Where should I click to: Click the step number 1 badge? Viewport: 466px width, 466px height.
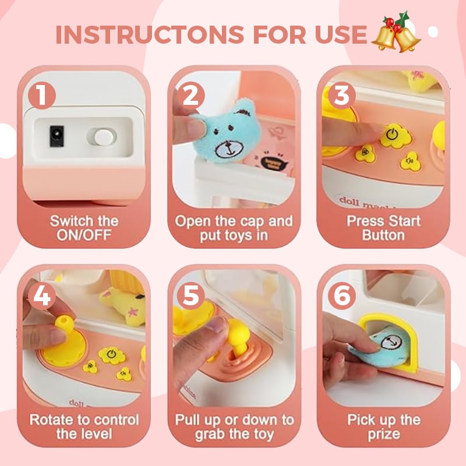42,96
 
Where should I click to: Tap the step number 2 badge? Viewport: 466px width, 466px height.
191,96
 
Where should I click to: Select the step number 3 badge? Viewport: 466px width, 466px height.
342,96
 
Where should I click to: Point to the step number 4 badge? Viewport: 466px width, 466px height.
42,296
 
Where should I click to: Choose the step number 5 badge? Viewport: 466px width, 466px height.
191,296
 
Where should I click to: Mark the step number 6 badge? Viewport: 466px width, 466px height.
342,296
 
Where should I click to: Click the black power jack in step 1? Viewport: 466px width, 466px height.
57,136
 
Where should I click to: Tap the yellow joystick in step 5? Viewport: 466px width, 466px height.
238,336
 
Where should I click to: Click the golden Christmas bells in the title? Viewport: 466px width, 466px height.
396,33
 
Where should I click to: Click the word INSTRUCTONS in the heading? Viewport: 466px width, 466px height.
150,34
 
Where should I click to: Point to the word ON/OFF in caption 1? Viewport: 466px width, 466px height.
84,235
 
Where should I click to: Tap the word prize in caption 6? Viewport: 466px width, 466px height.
384,435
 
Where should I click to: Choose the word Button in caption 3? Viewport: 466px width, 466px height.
383,235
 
